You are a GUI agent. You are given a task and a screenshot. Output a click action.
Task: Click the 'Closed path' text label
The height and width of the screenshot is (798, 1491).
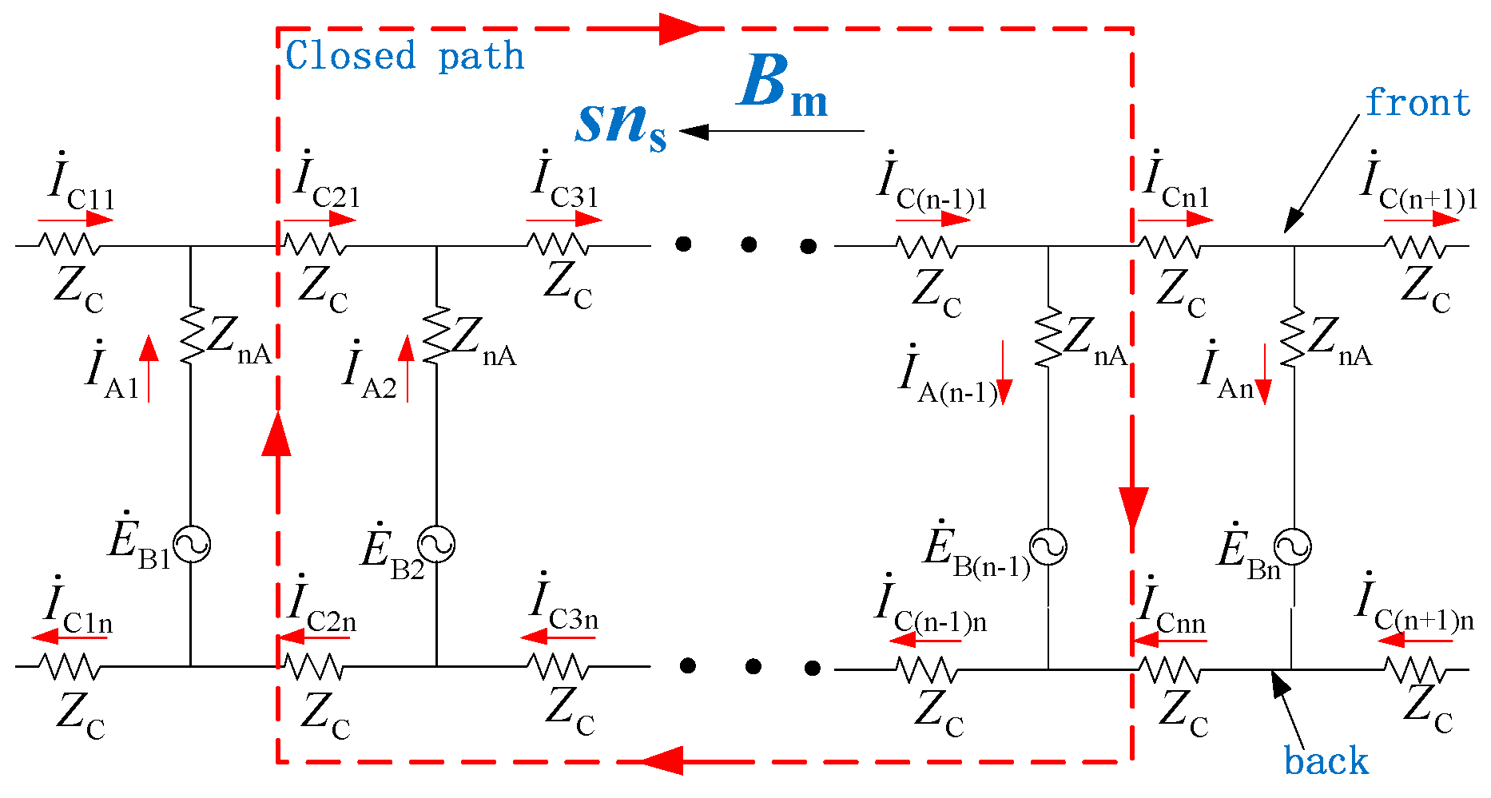[404, 57]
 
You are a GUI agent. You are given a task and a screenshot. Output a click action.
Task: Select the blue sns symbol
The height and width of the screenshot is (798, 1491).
[620, 125]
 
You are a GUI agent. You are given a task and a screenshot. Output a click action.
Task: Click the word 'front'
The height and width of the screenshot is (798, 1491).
[1417, 103]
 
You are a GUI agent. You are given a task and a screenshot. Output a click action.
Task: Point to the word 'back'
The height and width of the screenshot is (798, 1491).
[1326, 761]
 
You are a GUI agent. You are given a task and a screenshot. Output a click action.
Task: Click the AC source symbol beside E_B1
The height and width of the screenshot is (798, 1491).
[192, 545]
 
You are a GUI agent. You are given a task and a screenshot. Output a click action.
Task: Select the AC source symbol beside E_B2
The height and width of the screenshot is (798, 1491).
[437, 545]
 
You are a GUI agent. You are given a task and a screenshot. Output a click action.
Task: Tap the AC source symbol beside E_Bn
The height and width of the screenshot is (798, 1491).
[1292, 547]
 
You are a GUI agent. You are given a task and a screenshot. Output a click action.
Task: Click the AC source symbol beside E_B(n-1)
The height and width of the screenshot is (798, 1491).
[1048, 547]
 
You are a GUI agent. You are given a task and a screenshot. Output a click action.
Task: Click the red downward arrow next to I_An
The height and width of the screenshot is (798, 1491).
[1263, 374]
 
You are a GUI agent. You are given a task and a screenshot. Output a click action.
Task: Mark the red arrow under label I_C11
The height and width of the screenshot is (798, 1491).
[76, 220]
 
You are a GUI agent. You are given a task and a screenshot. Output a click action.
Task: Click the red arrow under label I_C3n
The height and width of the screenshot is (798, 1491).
[558, 637]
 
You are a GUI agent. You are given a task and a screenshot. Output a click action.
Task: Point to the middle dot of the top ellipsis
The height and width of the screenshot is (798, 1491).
[748, 244]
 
